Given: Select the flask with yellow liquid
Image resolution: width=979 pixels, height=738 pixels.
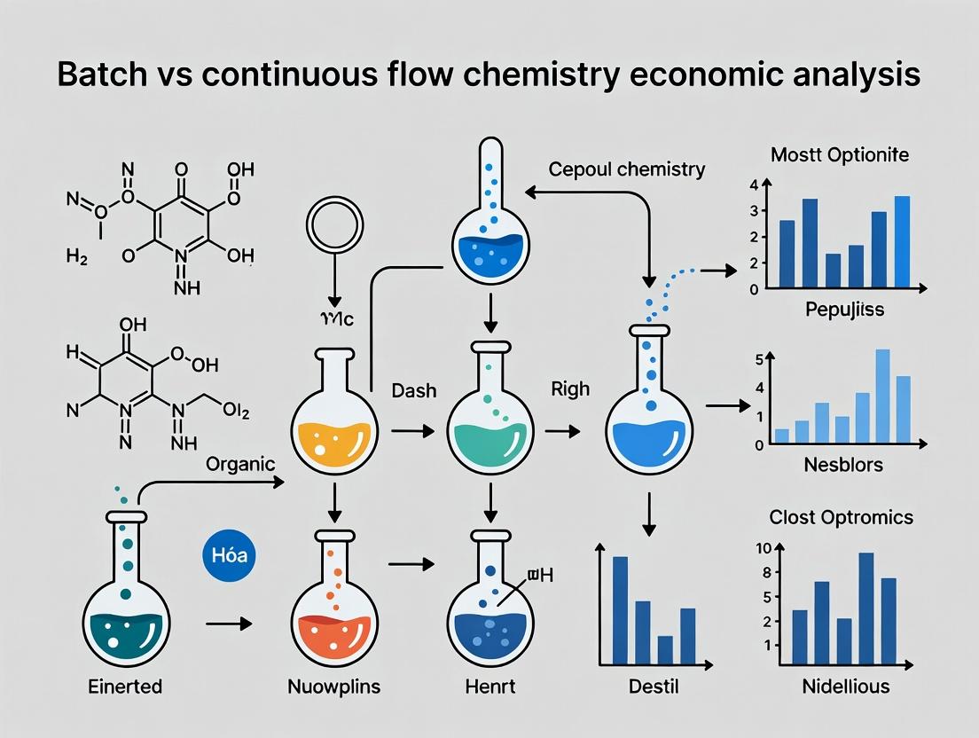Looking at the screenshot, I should point(335,426).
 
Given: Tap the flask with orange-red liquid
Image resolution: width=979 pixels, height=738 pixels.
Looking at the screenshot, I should point(335,612).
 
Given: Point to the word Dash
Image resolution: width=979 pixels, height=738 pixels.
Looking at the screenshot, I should point(413,389).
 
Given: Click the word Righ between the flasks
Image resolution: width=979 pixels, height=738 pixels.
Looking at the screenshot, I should point(570,389).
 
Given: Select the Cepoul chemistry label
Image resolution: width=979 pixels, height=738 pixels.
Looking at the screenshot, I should point(627,169).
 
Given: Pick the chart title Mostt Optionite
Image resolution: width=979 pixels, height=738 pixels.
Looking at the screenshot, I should point(840,154).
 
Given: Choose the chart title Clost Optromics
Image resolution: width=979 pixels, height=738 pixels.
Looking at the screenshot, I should point(841,517).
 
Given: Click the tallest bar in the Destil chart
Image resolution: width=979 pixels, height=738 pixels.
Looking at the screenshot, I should point(621,609).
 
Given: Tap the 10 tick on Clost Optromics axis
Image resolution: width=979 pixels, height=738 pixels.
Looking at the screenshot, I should point(763,547).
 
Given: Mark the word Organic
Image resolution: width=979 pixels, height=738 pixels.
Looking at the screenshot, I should point(240,463).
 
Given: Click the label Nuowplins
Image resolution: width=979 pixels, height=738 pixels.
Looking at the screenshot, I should point(335,686).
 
